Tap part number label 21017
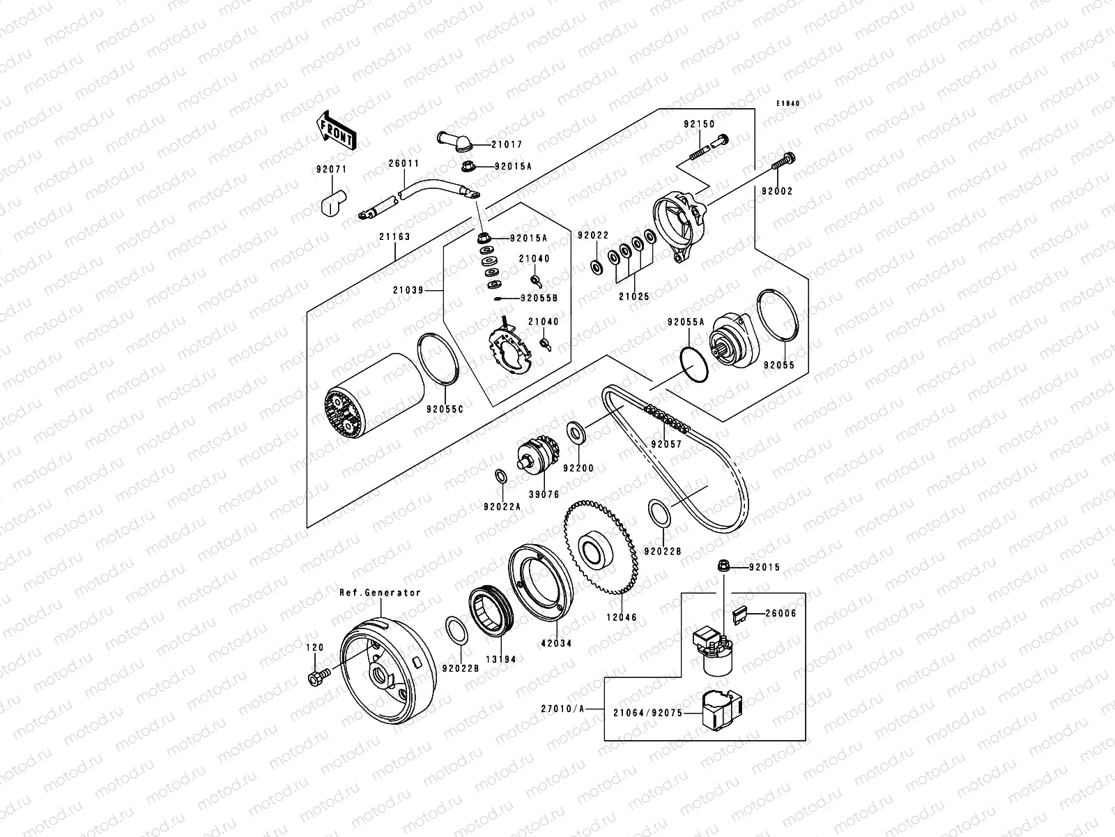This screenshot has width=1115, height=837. click(x=507, y=145)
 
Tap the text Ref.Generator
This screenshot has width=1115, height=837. click(x=380, y=593)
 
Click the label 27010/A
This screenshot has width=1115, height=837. click(x=562, y=708)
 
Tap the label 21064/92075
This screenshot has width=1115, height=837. click(x=647, y=714)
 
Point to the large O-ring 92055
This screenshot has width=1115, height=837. click(x=776, y=317)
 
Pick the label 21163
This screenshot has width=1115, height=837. click(x=395, y=236)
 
